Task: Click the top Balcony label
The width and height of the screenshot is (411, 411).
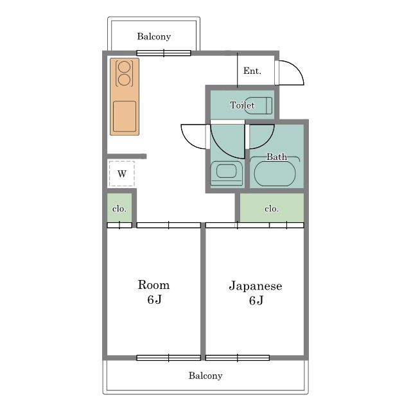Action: [x=153, y=37]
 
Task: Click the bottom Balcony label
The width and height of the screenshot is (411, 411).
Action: [x=205, y=376]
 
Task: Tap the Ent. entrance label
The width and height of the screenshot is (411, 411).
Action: [x=252, y=71]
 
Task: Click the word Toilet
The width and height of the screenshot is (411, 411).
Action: [x=242, y=105]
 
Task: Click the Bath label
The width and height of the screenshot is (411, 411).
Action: [x=277, y=157]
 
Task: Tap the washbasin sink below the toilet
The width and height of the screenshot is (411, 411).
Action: [x=226, y=172]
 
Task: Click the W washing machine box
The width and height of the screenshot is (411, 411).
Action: [x=121, y=173]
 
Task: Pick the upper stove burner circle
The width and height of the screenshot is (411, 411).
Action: [x=125, y=66]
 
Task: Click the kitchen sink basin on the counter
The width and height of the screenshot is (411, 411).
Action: [x=125, y=116]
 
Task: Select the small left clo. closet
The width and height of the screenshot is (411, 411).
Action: [x=119, y=209]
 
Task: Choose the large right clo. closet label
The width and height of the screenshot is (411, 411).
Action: [x=271, y=209]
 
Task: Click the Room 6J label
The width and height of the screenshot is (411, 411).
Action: [x=153, y=292]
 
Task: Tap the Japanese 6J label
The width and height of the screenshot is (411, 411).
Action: [x=255, y=293]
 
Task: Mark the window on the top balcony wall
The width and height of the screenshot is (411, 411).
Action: [x=164, y=53]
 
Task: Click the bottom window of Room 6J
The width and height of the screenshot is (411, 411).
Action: [x=168, y=358]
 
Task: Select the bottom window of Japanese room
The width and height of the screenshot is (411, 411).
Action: [x=237, y=358]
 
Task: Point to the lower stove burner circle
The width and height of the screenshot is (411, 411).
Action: [x=125, y=80]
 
